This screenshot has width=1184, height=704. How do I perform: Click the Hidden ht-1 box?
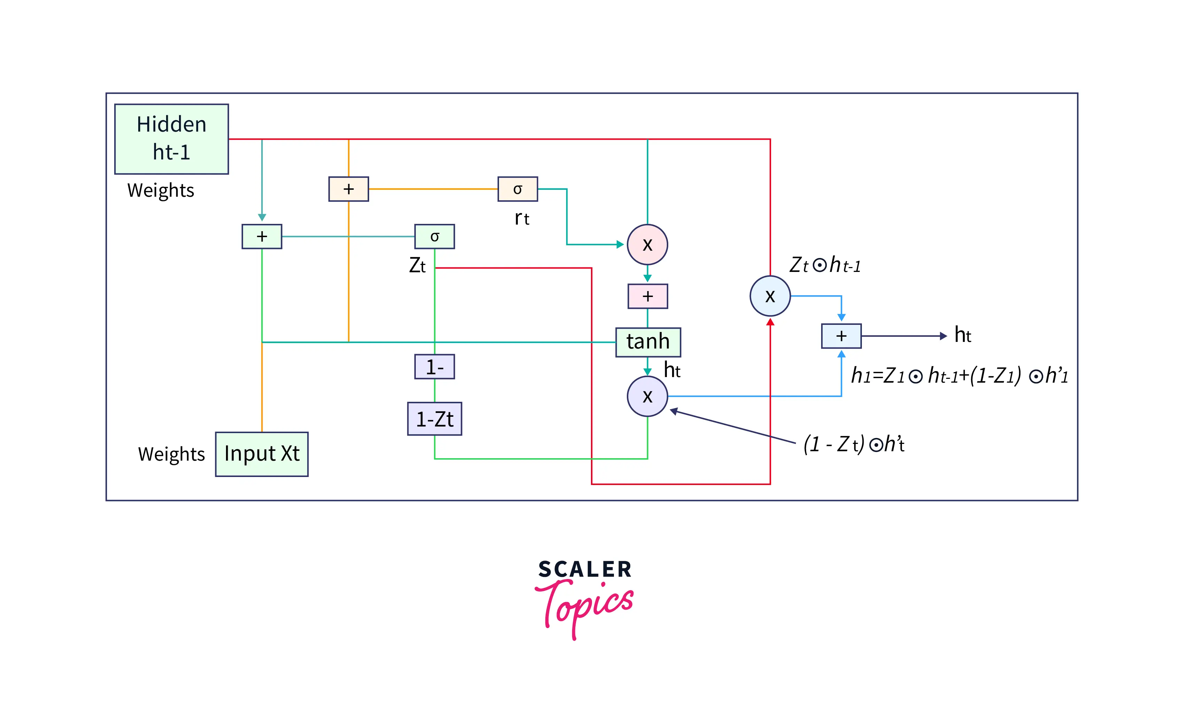point(171,139)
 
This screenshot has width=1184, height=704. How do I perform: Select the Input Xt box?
point(262,454)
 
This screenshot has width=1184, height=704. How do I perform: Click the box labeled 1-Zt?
point(435,419)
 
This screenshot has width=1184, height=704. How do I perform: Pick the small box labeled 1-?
point(435,367)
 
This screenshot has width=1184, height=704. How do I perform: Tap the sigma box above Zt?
point(435,236)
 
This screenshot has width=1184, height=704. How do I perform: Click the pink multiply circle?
point(647,245)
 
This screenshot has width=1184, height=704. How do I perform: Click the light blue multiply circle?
point(770,296)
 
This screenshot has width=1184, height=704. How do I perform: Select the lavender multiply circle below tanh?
point(647,396)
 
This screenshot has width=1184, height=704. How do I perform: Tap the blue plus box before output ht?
point(841,336)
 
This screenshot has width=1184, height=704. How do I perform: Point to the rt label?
point(522,218)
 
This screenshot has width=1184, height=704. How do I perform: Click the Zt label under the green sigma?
point(418,266)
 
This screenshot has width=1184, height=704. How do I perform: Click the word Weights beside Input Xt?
point(171,454)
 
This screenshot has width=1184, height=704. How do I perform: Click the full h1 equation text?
point(959,376)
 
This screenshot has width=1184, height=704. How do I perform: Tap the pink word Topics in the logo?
point(584,607)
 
